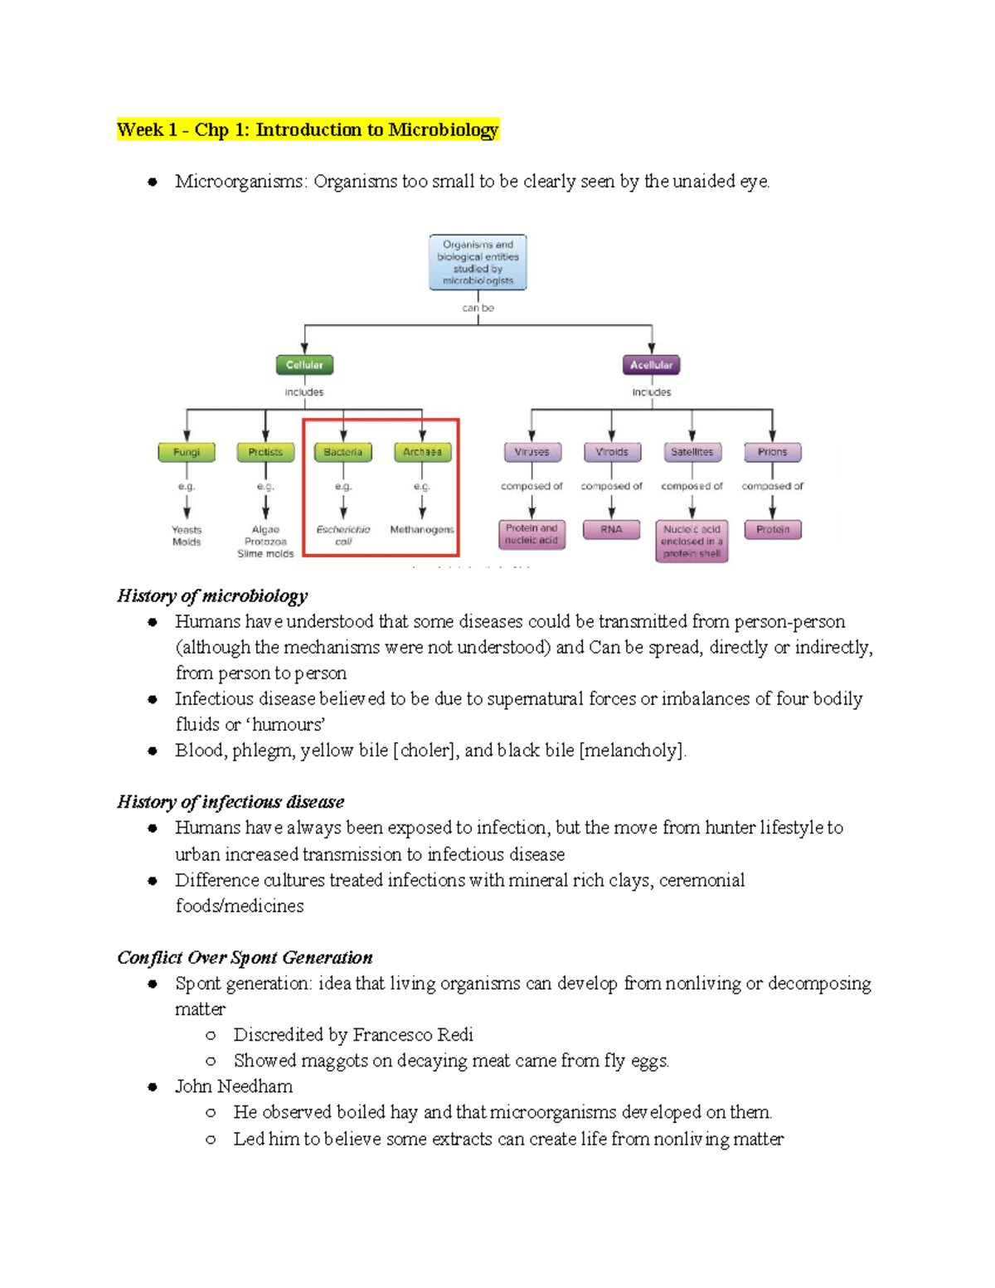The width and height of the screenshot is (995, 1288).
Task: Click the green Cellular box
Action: pyautogui.click(x=304, y=365)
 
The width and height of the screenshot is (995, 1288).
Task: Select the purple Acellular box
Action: pyautogui.click(x=651, y=365)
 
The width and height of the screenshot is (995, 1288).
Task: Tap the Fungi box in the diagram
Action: pyautogui.click(x=187, y=452)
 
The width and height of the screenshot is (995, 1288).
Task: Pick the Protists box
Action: pyautogui.click(x=265, y=452)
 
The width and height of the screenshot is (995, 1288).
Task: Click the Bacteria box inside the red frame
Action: pyautogui.click(x=343, y=452)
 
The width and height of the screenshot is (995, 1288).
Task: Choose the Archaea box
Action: pyautogui.click(x=423, y=452)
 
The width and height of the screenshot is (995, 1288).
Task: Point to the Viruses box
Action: pyautogui.click(x=532, y=452)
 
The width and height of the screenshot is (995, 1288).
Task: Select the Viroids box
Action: pyautogui.click(x=612, y=452)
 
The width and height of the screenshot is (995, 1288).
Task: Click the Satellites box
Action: pyautogui.click(x=692, y=452)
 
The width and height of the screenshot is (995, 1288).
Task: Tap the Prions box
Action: pyautogui.click(x=773, y=452)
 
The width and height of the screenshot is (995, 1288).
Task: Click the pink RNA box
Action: pyautogui.click(x=612, y=530)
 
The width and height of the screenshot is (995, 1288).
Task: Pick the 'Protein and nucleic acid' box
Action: pyautogui.click(x=532, y=535)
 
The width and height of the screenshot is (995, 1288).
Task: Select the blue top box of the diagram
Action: pyautogui.click(x=478, y=262)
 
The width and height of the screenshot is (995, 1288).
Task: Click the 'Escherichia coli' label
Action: pyautogui.click(x=343, y=535)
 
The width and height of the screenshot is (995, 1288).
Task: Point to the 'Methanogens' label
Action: pyautogui.click(x=422, y=529)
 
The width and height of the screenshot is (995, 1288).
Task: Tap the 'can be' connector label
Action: pyautogui.click(x=478, y=309)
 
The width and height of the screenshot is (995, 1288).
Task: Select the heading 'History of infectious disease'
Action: pyautogui.click(x=231, y=802)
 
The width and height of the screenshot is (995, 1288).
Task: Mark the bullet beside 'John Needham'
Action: pyautogui.click(x=153, y=1087)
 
